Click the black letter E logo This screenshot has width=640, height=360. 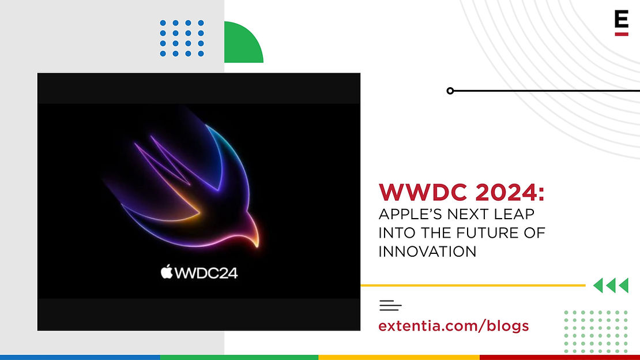point(621,20)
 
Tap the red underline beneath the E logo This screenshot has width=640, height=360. point(621,34)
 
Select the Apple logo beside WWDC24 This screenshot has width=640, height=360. point(167,272)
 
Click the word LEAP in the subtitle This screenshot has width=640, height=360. point(514,213)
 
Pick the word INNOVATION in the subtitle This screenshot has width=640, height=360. point(427,252)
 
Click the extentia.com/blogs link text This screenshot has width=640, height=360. point(453,326)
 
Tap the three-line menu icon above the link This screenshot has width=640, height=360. point(390,305)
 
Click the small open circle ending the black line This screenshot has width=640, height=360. point(450,91)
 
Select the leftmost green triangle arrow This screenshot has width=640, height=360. point(598,285)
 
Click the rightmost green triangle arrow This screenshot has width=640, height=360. point(624,285)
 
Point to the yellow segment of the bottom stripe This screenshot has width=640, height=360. point(399,358)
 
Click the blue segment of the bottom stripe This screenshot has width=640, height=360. point(80,358)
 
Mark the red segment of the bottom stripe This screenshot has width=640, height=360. point(560,358)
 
